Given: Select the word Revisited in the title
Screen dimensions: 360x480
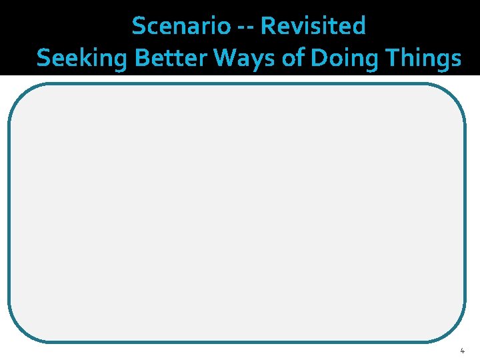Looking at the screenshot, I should point(313,27).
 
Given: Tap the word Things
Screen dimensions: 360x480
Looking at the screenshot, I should point(421,59).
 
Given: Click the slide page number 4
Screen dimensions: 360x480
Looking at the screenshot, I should point(462,351).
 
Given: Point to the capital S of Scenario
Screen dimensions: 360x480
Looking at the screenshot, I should point(139,27).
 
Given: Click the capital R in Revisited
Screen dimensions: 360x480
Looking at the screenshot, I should point(268,27).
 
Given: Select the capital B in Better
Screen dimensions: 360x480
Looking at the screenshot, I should point(141,58).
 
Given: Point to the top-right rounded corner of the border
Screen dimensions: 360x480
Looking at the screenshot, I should point(456,93).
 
